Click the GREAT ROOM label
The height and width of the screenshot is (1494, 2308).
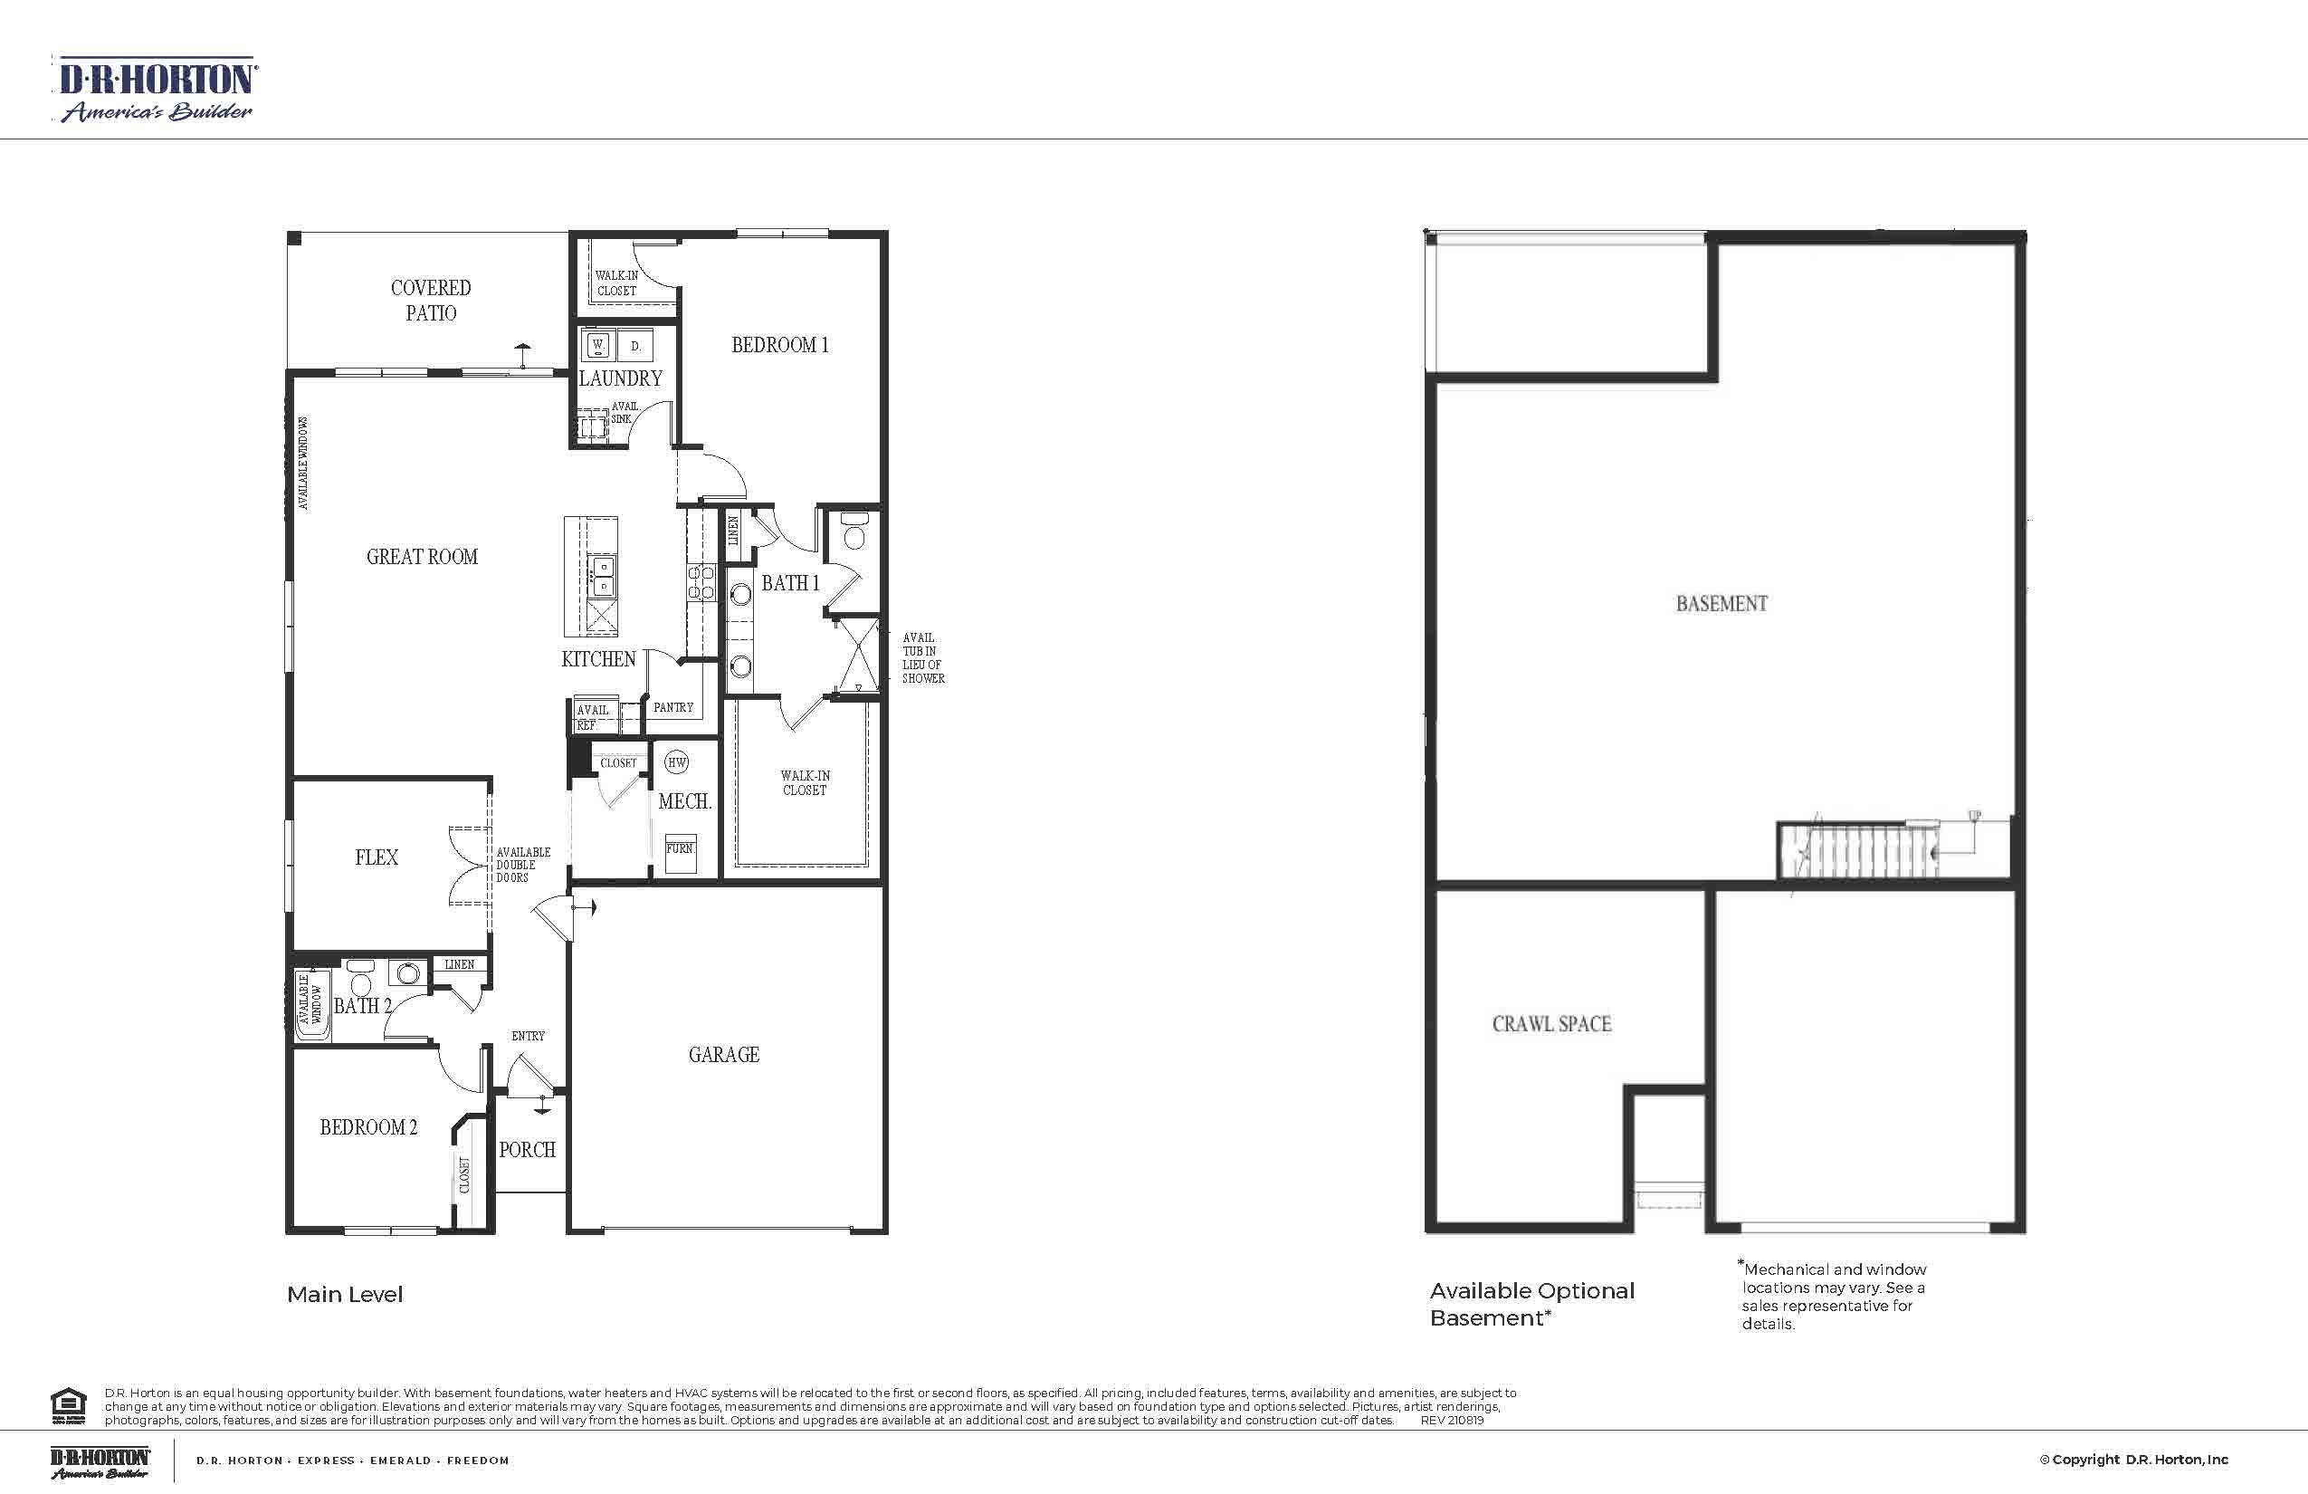tap(422, 557)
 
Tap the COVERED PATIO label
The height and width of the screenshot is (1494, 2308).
tap(431, 300)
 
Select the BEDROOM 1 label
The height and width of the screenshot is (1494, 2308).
tap(779, 345)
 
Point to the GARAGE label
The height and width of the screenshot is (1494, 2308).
tap(723, 1055)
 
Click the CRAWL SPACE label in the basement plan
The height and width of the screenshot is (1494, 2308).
tap(1551, 1023)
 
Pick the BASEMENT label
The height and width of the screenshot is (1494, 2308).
tap(1721, 603)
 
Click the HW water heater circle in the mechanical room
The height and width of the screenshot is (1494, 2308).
tap(677, 762)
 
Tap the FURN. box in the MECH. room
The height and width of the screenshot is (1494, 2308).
tap(680, 851)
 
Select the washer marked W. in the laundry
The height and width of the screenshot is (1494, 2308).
tap(598, 344)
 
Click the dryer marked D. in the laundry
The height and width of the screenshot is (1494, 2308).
tap(635, 345)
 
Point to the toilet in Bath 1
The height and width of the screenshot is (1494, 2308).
tap(854, 532)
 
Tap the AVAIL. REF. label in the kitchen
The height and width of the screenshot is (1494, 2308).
tap(593, 717)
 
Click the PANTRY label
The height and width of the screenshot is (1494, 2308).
tap(673, 707)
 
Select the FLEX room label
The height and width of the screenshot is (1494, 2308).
tap(377, 857)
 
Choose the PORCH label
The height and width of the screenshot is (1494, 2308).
tap(527, 1150)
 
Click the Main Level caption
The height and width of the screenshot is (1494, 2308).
tap(344, 1294)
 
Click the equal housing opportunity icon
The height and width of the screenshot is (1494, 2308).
tap(68, 1405)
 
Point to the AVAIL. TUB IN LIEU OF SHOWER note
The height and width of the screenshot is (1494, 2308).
tap(922, 657)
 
